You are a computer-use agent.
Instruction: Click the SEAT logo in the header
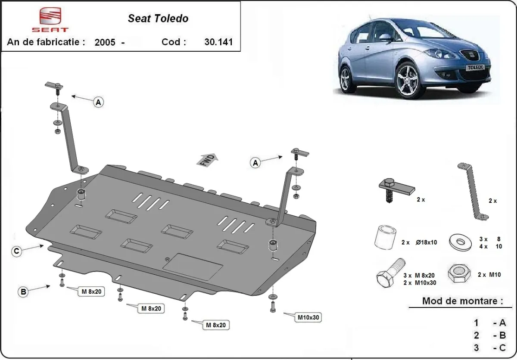point(50,19)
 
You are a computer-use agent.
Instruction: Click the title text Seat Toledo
point(158,19)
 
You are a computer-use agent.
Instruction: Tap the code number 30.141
point(218,42)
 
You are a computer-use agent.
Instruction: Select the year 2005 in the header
point(105,42)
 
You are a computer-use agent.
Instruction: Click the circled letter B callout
point(23,292)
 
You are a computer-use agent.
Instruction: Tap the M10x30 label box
point(308,318)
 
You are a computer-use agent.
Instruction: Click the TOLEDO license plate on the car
point(476,68)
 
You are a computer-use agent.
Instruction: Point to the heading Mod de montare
point(462,301)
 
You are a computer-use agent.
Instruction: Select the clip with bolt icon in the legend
point(393,188)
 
